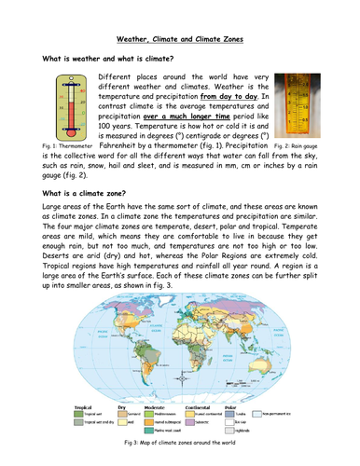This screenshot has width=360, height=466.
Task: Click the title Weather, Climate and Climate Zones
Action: [x=180, y=40]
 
